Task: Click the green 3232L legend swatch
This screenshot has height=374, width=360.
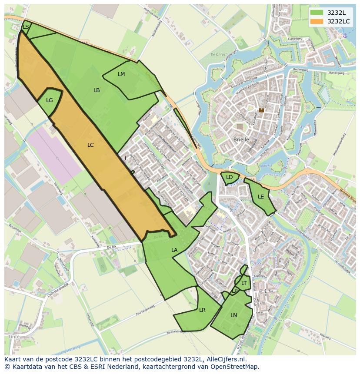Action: click(x=317, y=13)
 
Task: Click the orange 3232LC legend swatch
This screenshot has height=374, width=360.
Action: click(x=317, y=21)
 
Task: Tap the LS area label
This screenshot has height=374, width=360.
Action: click(x=26, y=27)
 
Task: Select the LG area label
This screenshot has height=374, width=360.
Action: click(x=50, y=100)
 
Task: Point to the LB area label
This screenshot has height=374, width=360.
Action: click(x=97, y=90)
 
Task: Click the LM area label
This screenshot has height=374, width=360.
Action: click(x=121, y=74)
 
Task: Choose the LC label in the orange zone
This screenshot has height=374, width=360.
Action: click(x=90, y=145)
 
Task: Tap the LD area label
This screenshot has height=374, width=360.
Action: click(x=229, y=177)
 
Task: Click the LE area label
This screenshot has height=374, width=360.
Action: click(x=261, y=197)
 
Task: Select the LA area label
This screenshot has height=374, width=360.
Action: click(x=174, y=250)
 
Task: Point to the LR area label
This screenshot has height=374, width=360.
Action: click(x=202, y=310)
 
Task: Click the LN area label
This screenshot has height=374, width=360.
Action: click(x=234, y=315)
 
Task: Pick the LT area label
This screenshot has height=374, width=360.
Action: click(x=244, y=283)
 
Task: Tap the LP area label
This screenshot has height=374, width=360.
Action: click(x=235, y=291)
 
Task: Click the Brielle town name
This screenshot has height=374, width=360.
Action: click(x=241, y=140)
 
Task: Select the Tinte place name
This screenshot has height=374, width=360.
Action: click(x=14, y=337)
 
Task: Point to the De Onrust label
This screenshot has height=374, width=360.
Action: click(x=219, y=54)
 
